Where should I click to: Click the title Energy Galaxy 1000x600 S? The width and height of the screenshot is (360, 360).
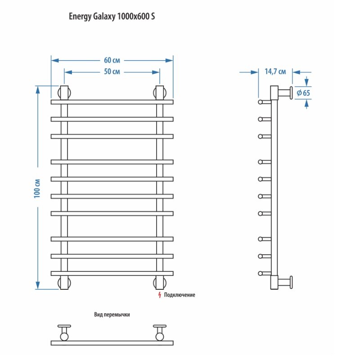click(112, 17)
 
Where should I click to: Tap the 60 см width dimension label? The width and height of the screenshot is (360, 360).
click(112, 60)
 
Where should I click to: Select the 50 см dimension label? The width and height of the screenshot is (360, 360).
click(112, 72)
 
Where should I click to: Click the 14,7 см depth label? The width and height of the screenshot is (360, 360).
click(275, 72)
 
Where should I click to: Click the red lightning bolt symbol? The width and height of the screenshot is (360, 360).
click(159, 295)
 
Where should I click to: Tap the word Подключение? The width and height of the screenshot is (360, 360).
click(180, 295)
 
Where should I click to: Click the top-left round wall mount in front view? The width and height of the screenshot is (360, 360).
click(64, 92)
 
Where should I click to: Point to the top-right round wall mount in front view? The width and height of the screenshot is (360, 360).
click(160, 92)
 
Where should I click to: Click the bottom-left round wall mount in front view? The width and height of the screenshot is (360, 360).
click(64, 283)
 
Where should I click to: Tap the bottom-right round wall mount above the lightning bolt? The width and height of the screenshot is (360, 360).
click(160, 283)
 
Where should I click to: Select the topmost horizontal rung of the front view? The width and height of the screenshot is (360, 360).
click(112, 102)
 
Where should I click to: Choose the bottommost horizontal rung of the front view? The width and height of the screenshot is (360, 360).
click(112, 273)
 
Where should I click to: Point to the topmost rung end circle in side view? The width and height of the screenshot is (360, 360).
click(260, 103)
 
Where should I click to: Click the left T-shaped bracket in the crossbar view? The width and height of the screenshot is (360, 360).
click(64, 332)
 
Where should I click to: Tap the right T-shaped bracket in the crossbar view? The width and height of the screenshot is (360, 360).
click(160, 332)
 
